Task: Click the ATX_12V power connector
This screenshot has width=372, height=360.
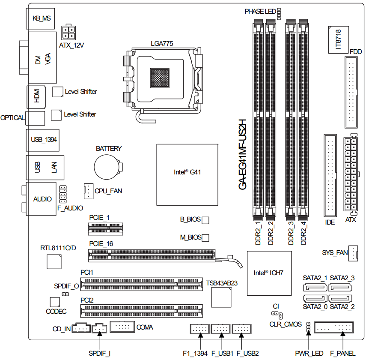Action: pyautogui.click(x=69, y=32)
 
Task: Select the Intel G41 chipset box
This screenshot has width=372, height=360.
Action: pyautogui.click(x=187, y=174)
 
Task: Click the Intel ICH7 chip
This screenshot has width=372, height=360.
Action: pyautogui.click(x=268, y=273)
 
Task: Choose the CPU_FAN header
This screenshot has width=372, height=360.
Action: pyautogui.click(x=88, y=191)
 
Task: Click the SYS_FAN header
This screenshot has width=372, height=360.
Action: pyautogui.click(x=353, y=253)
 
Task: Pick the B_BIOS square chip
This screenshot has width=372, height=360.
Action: pyautogui.click(x=205, y=220)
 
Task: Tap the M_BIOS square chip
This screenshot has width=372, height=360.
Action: pyautogui.click(x=205, y=237)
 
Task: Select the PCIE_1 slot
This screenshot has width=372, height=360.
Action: pyautogui.click(x=105, y=229)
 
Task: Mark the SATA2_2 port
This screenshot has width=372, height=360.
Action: pyautogui.click(x=341, y=299)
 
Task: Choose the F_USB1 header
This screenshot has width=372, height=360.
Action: pyautogui.click(x=221, y=329)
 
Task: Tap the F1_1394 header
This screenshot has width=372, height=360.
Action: pyautogui.click(x=199, y=329)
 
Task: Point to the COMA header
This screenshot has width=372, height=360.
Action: pyautogui.click(x=122, y=327)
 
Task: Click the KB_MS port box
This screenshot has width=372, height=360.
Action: pyautogui.click(x=41, y=19)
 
